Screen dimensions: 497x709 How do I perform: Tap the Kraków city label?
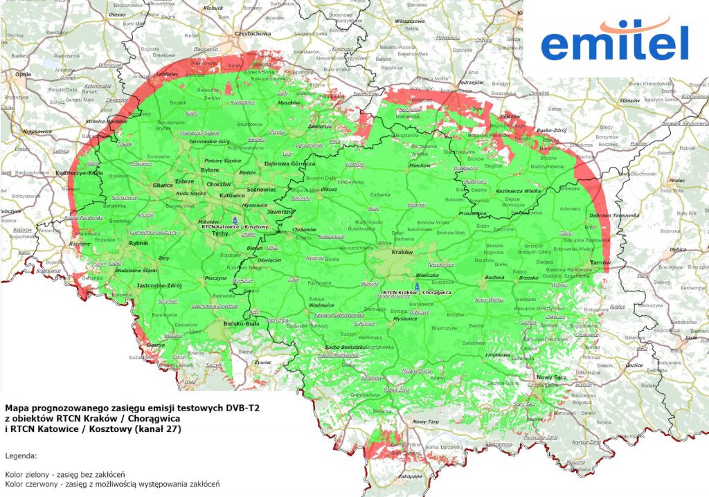coord(402,253)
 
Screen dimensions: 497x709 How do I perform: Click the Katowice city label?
coord(232,196)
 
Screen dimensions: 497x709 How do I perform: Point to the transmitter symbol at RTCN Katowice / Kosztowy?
coord(234,220)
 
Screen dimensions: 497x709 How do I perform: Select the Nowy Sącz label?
coord(547,377)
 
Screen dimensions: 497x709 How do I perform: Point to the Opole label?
coord(24,73)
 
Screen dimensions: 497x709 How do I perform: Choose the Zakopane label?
coord(409,476)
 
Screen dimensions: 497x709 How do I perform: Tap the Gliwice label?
coord(163,186)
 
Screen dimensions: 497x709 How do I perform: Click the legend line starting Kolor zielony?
coord(64,474)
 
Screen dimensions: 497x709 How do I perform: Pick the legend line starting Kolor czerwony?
coord(111,484)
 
